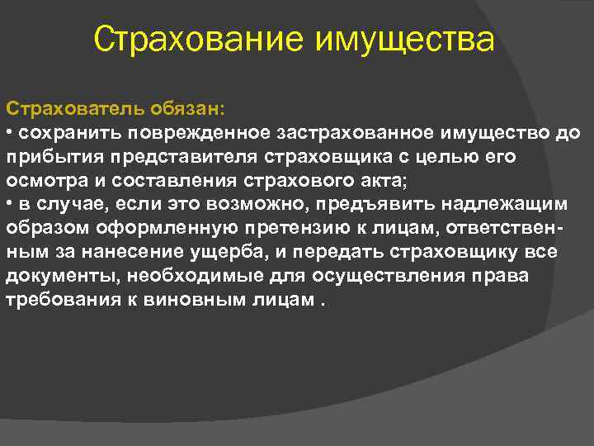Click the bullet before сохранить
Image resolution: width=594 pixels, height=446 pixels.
click(x=10, y=133)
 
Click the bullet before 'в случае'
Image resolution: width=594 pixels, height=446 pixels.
click(x=10, y=204)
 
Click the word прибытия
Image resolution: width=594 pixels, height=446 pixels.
click(x=45, y=157)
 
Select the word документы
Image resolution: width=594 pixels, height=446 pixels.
click(x=47, y=275)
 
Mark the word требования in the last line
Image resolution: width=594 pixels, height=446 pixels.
click(x=56, y=298)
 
